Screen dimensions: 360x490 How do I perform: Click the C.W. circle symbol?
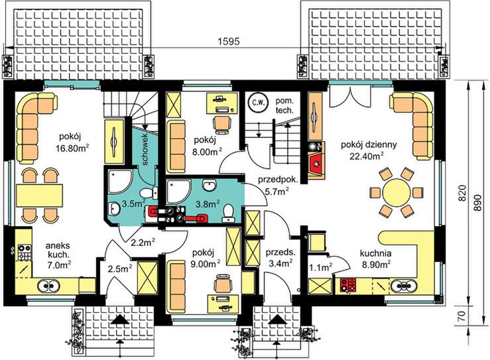click(x=256, y=103)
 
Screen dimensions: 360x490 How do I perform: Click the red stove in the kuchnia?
click(x=348, y=286)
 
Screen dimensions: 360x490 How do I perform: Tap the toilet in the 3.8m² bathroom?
click(x=229, y=211)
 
